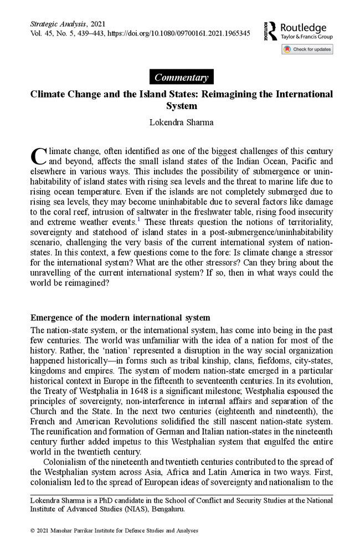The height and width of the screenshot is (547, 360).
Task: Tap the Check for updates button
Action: tap(307, 49)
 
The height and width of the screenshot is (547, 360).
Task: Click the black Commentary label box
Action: tap(181, 78)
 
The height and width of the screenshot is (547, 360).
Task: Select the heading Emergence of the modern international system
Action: tap(120, 318)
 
